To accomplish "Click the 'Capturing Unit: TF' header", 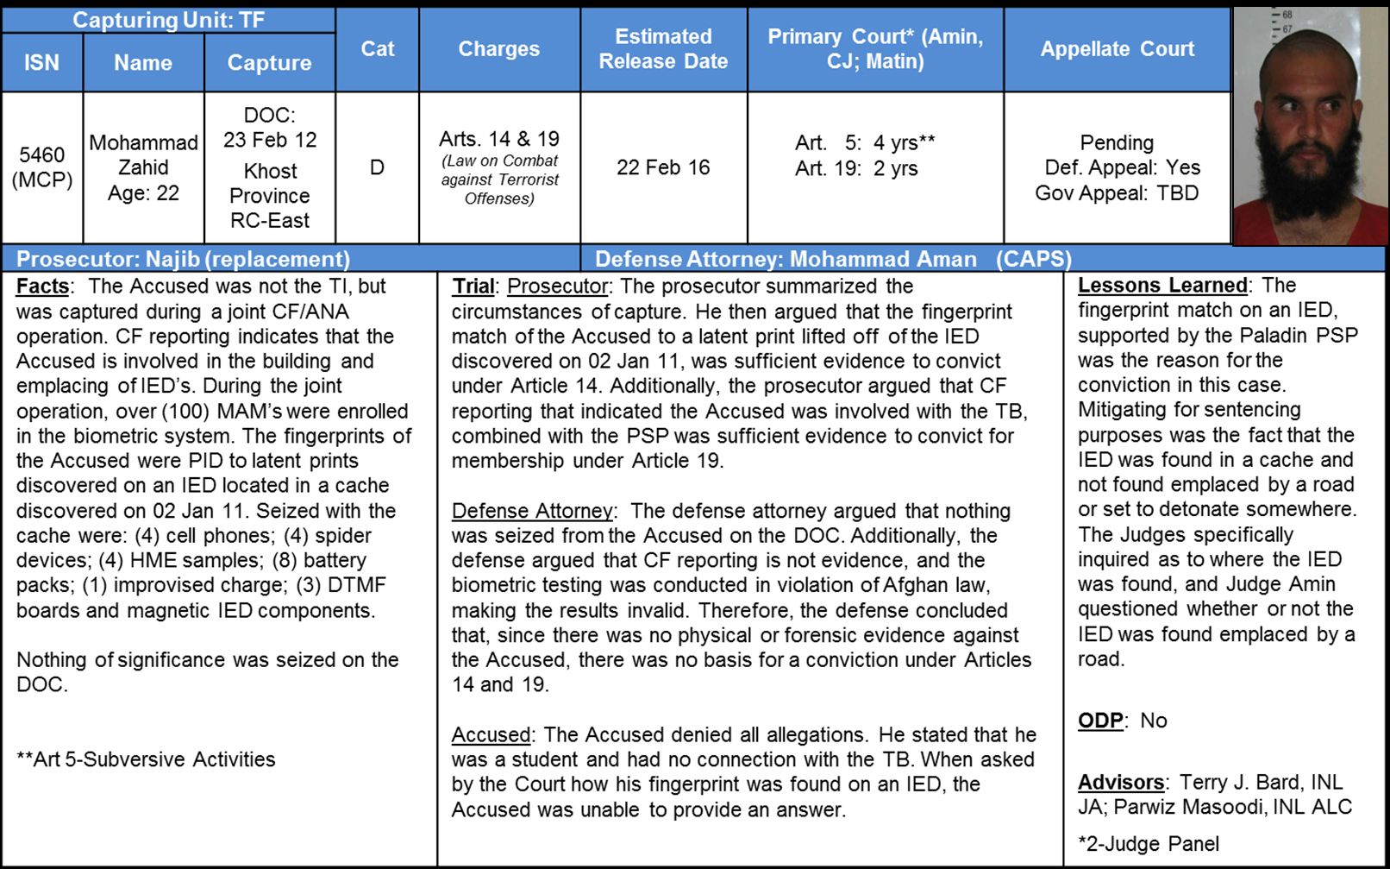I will click(168, 20).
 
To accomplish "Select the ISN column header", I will click(41, 63).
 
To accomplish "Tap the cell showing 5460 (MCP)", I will click(41, 167).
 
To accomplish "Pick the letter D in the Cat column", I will click(377, 167).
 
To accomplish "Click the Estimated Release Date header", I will click(663, 49).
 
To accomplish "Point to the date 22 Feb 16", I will click(663, 167).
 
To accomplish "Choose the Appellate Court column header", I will click(1117, 49).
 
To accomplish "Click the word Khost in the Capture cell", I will click(270, 171).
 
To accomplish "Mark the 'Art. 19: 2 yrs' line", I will click(855, 168).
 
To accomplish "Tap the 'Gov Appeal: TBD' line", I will click(1117, 192).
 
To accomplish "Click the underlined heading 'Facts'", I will click(42, 287).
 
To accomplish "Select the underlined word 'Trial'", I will click(473, 287).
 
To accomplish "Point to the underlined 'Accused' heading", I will click(491, 734).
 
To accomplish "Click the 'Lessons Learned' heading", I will click(1162, 286).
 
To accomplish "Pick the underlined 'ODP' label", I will click(1100, 721).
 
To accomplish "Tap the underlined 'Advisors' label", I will click(1121, 783).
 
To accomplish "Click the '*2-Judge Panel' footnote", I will click(1149, 844).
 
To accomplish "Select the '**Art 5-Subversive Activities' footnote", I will click(146, 759).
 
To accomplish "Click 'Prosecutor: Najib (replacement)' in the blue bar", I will click(183, 259).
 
